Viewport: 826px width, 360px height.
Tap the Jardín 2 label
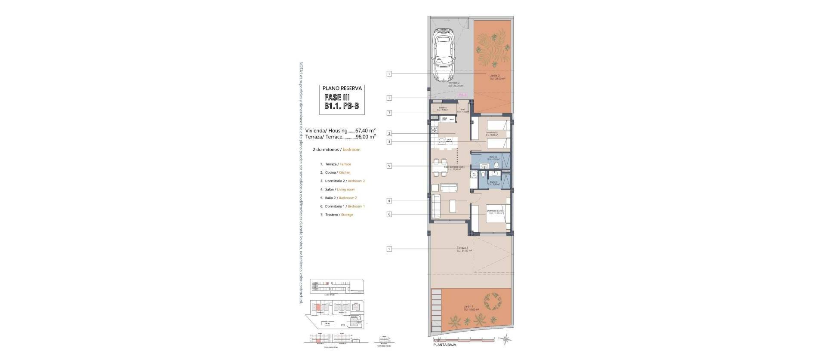click(x=495, y=77)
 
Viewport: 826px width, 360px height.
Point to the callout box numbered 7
click(x=389, y=113)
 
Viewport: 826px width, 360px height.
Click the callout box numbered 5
click(x=389, y=166)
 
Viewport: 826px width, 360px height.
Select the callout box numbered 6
click(x=389, y=214)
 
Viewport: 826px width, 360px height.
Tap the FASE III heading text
click(x=338, y=98)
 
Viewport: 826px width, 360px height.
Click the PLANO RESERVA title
click(x=342, y=88)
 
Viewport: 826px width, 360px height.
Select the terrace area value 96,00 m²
click(x=365, y=137)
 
